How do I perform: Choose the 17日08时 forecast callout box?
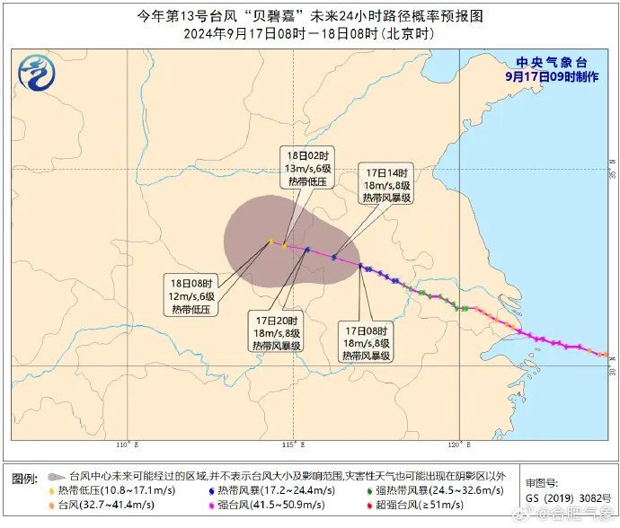pyautogui.click(x=366, y=343)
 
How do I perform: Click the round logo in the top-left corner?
pyautogui.click(x=35, y=72)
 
